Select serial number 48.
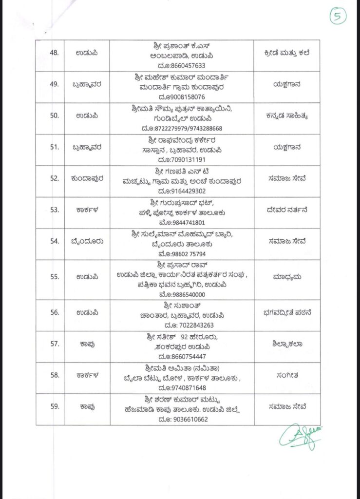57,52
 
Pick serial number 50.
57,116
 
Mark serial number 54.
57,241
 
